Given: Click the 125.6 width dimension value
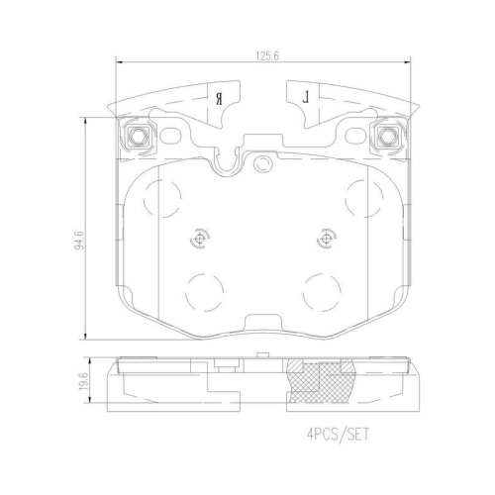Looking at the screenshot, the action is pos(267,56).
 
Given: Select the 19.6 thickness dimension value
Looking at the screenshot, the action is pos(84,381).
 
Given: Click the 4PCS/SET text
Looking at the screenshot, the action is pos(338,435).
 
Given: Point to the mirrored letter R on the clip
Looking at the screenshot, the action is pos(219,99).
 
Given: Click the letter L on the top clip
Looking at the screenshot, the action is pos(307,98).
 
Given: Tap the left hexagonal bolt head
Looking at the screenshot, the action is pos(136,136).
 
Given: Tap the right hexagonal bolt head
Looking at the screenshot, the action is pos(387,136).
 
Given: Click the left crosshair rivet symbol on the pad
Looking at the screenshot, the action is pos(200,239).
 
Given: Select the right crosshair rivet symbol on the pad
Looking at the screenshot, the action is pos(326,239).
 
